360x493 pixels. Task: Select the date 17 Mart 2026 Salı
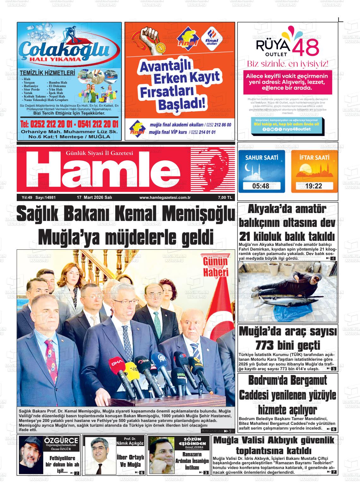click(x=94, y=198)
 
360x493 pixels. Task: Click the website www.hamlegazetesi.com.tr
click(x=163, y=198)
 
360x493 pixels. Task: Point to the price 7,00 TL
click(x=225, y=198)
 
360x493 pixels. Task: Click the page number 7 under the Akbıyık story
click(x=334, y=472)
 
